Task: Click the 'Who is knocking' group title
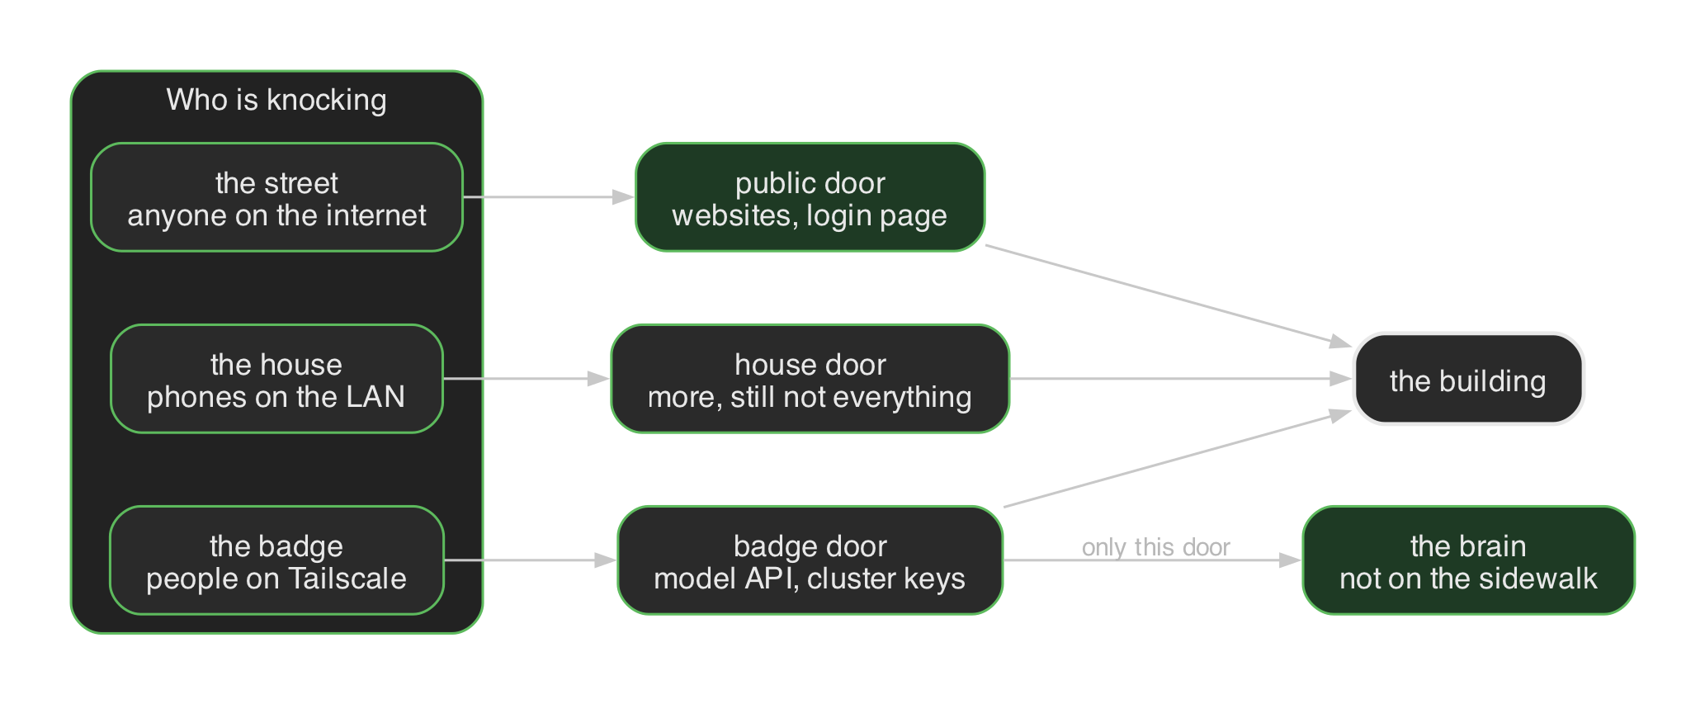[x=276, y=100]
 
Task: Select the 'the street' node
[x=276, y=197]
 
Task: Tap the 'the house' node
[x=276, y=379]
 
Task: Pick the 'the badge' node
[x=276, y=560]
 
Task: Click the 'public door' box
[x=810, y=197]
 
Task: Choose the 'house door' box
[x=810, y=379]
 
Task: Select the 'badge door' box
[x=810, y=560]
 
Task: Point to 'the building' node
[x=1468, y=379]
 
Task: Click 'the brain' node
[x=1468, y=560]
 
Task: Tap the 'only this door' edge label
[x=1155, y=547]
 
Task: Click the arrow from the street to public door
[x=549, y=197]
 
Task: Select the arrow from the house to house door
[x=527, y=379]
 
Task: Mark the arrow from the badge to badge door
[x=531, y=560]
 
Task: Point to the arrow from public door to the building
[x=1169, y=295]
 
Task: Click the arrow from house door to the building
[x=1181, y=379]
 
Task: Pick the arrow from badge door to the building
[x=1178, y=460]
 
